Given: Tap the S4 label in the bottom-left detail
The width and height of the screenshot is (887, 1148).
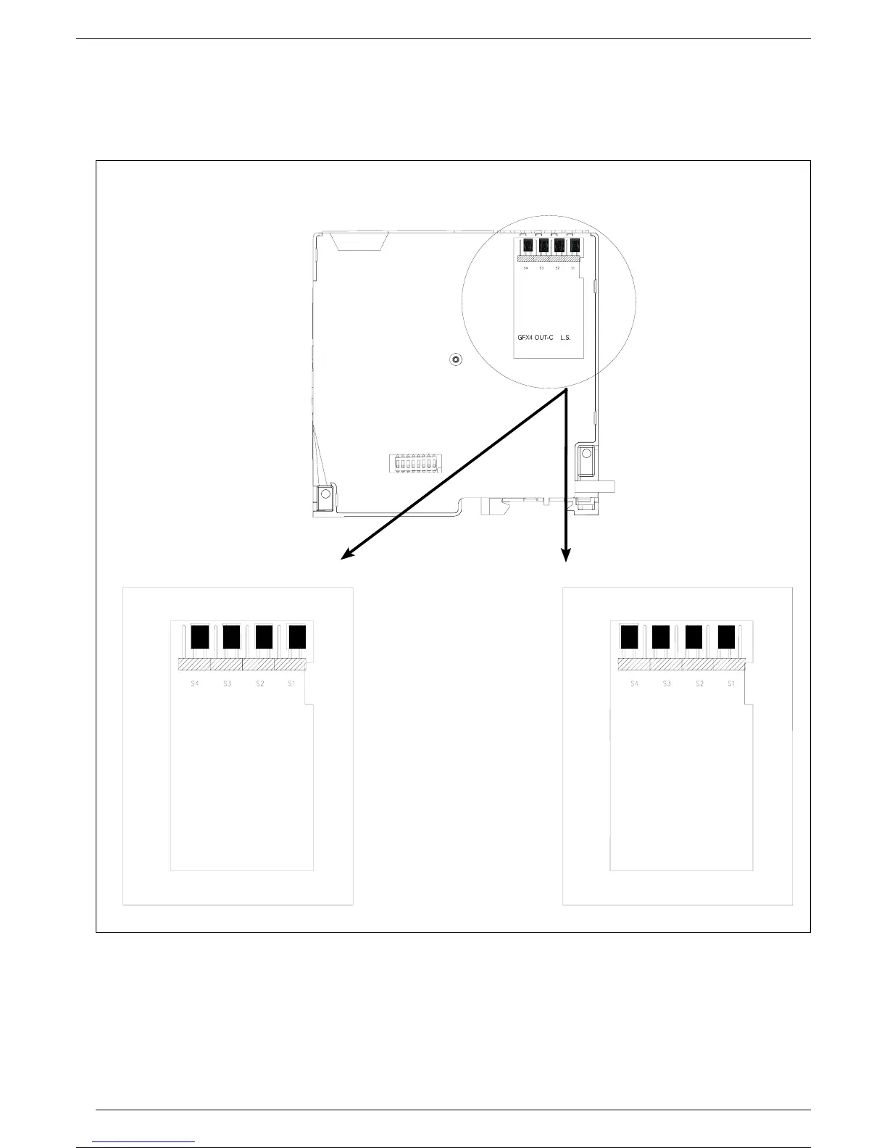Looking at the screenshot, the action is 194,683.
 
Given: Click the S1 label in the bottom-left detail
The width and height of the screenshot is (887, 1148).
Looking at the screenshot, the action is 291,683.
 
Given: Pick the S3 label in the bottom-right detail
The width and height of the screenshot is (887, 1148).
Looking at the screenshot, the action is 667,683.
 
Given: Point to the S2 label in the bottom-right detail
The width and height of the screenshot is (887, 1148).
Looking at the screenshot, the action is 699,683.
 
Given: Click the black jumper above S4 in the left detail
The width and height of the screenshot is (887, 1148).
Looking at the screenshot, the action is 199,637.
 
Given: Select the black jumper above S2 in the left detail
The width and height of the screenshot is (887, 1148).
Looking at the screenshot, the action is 264,637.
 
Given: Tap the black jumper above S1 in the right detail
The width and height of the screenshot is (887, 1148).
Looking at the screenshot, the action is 727,636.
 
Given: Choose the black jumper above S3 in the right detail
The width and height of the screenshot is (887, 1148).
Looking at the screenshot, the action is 660,636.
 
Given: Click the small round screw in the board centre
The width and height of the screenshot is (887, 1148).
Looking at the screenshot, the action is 455,359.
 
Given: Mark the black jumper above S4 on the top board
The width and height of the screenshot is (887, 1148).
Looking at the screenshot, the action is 528,246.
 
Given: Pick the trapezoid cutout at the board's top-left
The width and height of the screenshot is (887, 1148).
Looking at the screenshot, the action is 359,241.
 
